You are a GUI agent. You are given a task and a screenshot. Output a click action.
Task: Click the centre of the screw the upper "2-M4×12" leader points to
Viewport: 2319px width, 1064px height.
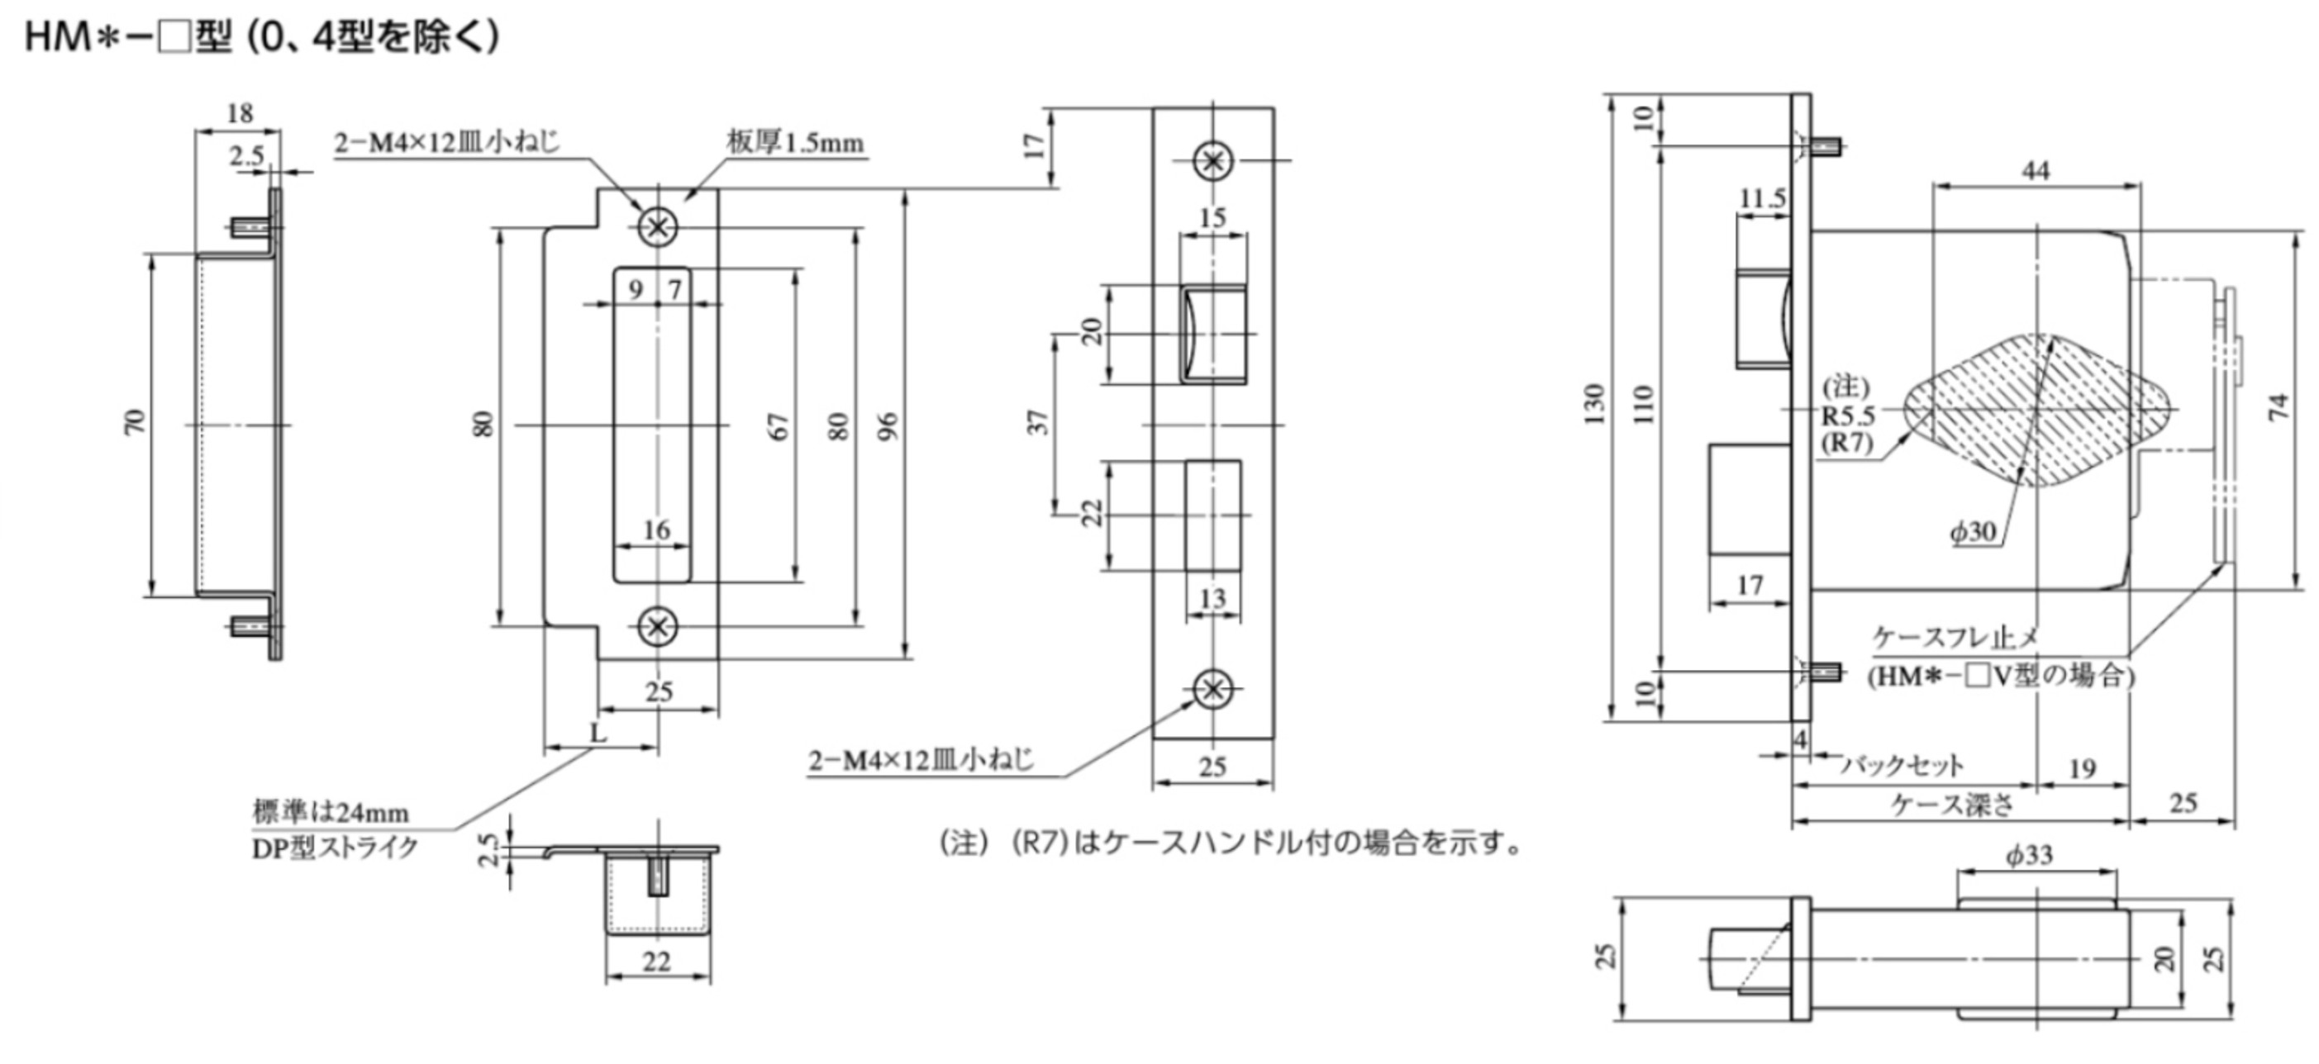[657, 226]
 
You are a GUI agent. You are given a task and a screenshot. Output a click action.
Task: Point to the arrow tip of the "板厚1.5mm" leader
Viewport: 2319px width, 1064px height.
[686, 199]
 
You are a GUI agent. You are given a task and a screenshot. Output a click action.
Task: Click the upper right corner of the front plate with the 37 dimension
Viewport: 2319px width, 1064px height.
[1273, 108]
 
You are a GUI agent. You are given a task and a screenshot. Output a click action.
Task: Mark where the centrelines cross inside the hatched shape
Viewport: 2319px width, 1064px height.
[2036, 410]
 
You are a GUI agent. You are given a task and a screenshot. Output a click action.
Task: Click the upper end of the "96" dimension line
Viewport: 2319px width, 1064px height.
[906, 190]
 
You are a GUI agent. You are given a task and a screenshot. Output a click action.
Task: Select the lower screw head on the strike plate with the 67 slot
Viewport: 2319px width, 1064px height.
[657, 625]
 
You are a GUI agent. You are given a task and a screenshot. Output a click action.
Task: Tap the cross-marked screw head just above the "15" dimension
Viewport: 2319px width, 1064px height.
[1212, 161]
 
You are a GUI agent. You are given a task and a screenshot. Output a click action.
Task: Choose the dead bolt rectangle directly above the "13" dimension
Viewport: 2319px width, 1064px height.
[1212, 515]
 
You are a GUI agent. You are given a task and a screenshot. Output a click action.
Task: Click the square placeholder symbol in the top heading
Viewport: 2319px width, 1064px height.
[173, 39]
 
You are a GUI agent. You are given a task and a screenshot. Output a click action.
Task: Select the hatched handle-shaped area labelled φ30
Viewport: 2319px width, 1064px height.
[2036, 410]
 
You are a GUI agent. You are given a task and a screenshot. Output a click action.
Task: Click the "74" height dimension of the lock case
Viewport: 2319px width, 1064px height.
[2278, 407]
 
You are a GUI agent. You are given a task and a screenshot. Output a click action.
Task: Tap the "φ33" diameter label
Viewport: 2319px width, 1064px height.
[2028, 854]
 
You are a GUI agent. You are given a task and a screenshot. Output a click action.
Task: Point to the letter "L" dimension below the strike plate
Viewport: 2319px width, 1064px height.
[598, 732]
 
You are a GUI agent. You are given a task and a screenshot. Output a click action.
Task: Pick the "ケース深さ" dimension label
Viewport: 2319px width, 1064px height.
[1952, 804]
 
